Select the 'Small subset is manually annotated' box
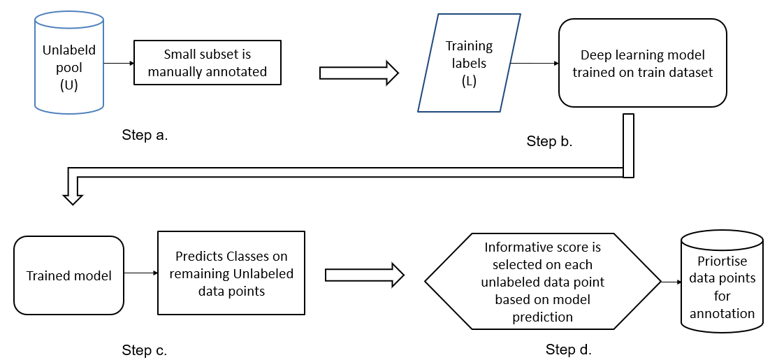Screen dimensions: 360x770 point(207,63)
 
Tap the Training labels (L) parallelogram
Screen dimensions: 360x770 point(469,64)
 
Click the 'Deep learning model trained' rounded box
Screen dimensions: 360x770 point(642,63)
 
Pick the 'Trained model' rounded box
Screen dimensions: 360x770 point(68,275)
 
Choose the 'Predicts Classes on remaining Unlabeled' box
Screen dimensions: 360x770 point(231,273)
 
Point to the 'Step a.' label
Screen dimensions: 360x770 point(145,135)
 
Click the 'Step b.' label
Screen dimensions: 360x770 point(549,141)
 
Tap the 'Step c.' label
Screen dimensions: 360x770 point(145,350)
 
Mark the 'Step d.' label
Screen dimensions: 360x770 point(568,349)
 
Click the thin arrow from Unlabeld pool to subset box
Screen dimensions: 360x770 point(118,63)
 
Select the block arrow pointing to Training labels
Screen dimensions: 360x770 point(358,72)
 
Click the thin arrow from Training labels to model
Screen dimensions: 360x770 point(535,64)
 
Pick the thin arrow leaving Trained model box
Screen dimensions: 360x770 point(140,273)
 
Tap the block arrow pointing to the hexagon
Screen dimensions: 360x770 point(365,274)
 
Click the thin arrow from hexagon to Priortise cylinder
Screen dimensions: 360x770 point(671,282)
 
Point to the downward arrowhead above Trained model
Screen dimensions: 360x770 point(72,199)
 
